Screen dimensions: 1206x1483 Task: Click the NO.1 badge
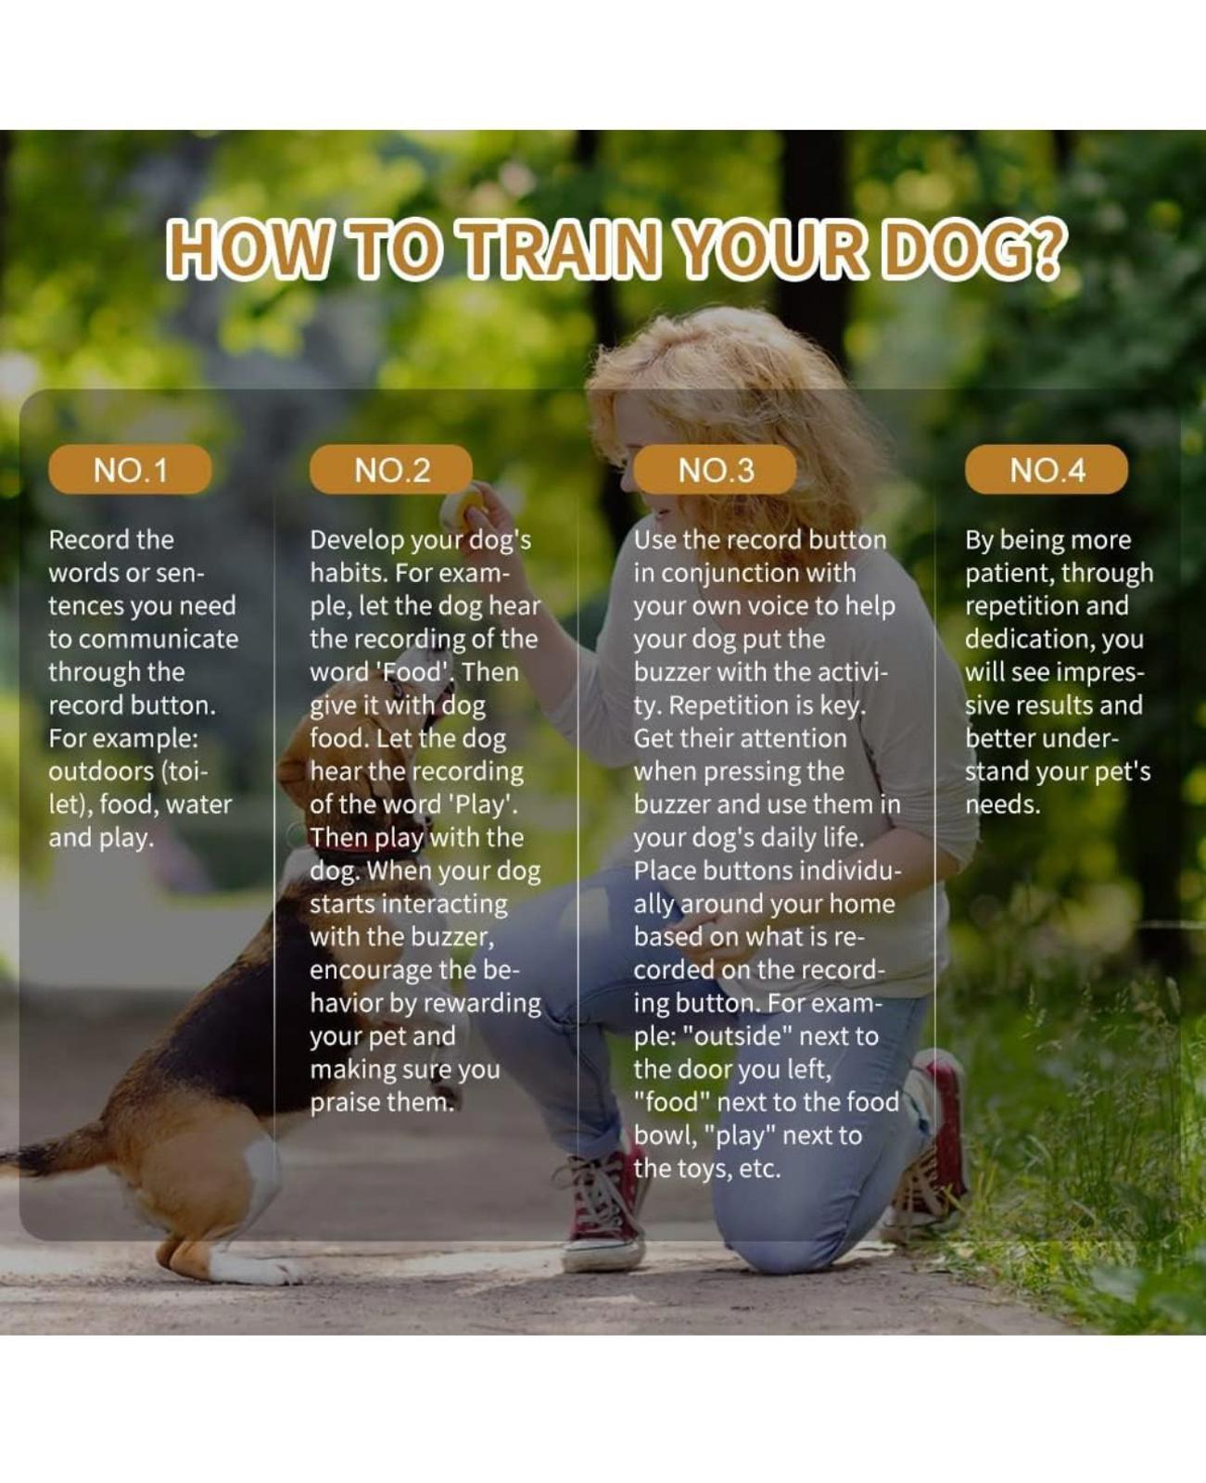(130, 470)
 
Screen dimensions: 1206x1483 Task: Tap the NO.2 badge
(391, 470)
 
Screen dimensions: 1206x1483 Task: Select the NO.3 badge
(715, 470)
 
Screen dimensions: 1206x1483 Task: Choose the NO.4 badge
(1047, 470)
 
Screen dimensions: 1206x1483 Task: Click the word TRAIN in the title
(561, 248)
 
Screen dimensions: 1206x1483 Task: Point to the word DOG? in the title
(973, 248)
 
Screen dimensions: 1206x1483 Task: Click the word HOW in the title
(248, 248)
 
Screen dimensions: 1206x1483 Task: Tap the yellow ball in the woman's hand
(461, 505)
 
